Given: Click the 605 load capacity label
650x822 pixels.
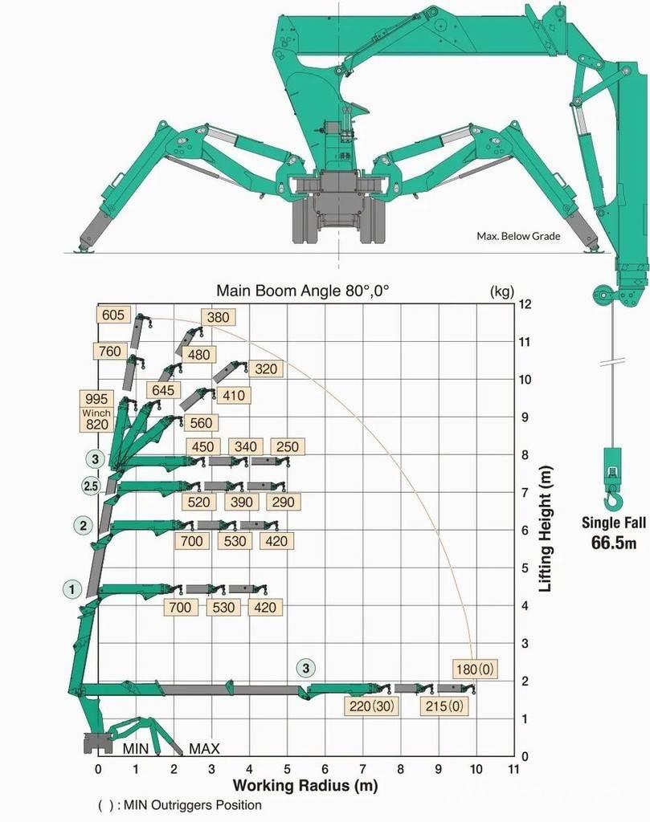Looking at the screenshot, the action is pos(113,315).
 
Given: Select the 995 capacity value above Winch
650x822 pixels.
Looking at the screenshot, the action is pos(96,398).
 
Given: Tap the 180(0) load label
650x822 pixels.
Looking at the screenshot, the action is pos(475,669).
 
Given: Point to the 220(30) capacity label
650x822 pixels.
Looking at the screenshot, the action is pos(371,706).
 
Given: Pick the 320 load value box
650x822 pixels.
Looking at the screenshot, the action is pos(266,369).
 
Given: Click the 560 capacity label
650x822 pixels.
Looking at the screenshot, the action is pos(201,423).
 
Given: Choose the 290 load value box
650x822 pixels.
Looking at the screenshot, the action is pos(284,502).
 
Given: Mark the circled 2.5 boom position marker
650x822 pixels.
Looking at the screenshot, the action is pos(91,486).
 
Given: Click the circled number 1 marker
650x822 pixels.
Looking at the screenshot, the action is pos(72,588).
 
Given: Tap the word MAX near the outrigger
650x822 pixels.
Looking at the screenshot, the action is pos(204,749).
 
